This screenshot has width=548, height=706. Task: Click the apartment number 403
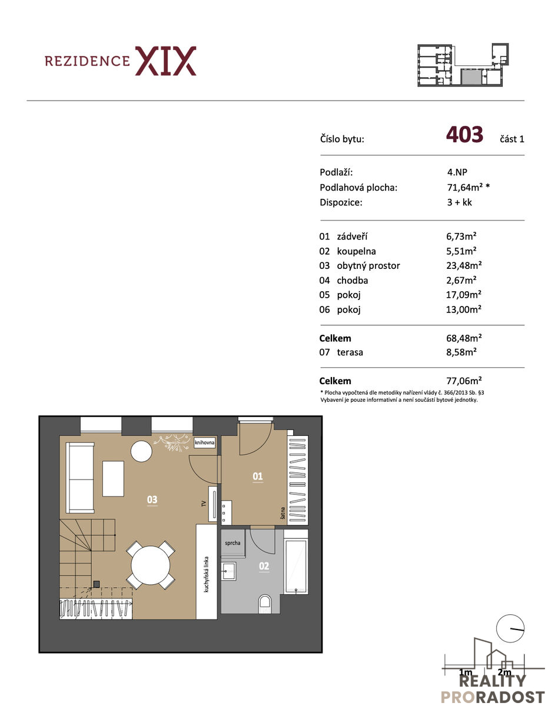(464, 134)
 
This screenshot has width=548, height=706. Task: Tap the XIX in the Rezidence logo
(165, 61)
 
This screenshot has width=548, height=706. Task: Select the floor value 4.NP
(457, 172)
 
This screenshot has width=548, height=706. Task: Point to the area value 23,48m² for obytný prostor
(464, 265)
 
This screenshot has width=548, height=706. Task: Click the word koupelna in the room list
(356, 251)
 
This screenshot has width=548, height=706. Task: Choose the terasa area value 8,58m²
(461, 352)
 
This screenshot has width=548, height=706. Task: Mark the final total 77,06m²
(464, 381)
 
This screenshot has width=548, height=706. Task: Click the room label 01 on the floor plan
(257, 477)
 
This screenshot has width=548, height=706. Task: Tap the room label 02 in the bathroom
(264, 567)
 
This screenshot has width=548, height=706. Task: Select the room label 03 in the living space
(152, 499)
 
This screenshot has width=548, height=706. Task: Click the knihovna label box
(204, 442)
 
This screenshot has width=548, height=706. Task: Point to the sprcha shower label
(233, 543)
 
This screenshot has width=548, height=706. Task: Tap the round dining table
(151, 565)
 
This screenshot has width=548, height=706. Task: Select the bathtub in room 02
(295, 567)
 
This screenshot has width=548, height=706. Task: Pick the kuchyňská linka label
(207, 574)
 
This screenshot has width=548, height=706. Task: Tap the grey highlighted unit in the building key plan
(471, 76)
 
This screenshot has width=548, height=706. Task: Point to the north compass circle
(510, 628)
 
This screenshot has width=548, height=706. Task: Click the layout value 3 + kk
(459, 202)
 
